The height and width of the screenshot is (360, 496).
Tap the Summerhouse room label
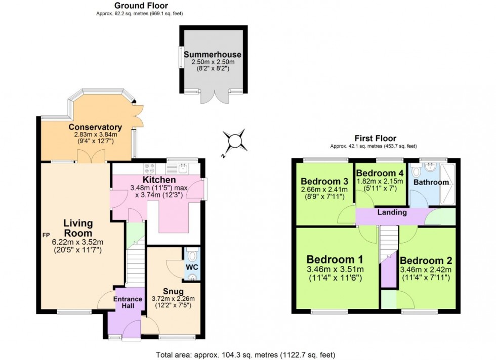tap(213, 54)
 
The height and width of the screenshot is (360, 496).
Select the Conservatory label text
tap(95, 127)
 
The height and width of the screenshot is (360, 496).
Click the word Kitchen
tap(159, 179)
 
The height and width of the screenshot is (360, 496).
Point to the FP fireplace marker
tap(46, 235)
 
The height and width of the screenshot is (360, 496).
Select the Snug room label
tap(173, 291)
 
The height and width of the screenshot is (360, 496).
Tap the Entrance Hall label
tap(128, 302)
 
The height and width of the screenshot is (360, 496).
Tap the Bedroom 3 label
tap(324, 182)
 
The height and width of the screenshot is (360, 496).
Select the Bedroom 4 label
tap(380, 172)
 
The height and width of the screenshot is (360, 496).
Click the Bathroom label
tap(431, 182)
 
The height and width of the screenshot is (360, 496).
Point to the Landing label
tap(393, 212)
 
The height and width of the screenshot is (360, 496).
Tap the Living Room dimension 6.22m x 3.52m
tap(78, 242)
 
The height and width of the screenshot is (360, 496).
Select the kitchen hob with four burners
tap(150, 168)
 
